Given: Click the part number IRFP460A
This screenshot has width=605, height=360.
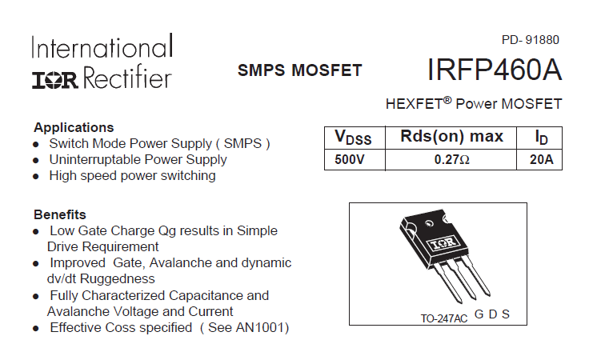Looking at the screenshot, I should (x=494, y=70).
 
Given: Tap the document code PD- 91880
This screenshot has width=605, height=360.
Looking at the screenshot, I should (x=530, y=40).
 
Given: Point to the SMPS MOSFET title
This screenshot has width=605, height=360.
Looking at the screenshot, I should (x=299, y=70).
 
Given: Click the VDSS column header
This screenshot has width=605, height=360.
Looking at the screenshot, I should (x=354, y=138).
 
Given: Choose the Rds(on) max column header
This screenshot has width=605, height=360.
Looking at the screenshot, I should (x=451, y=137).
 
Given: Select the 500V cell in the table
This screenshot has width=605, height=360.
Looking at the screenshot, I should (x=350, y=159).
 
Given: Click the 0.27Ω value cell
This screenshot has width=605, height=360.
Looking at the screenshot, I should (x=451, y=159).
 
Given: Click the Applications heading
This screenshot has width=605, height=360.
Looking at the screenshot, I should (x=74, y=127).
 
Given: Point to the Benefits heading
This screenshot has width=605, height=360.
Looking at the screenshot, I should (x=60, y=214).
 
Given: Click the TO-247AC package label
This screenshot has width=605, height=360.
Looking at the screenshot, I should (x=443, y=318).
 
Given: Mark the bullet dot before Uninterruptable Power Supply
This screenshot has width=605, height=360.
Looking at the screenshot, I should (x=36, y=160).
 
